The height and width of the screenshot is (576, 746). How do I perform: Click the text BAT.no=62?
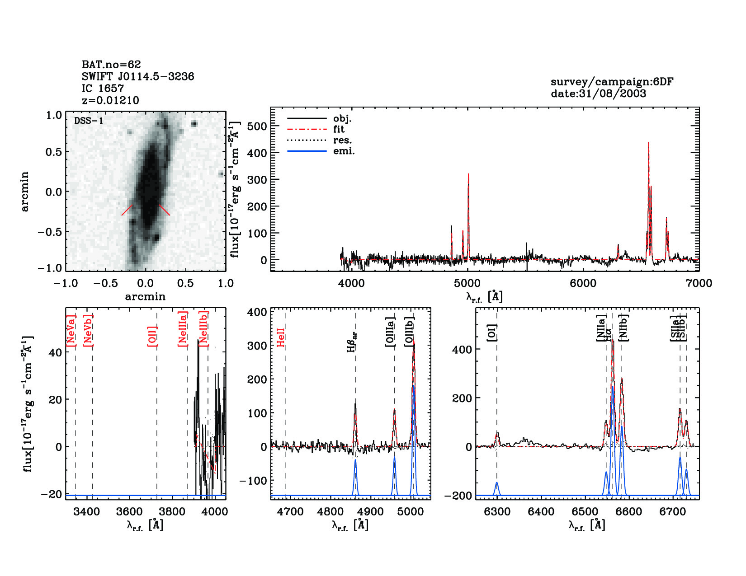(x=111, y=65)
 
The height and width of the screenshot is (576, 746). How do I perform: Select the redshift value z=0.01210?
(x=110, y=100)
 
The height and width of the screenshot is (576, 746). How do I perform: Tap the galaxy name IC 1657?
(x=103, y=89)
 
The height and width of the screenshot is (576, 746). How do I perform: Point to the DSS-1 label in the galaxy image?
(x=89, y=121)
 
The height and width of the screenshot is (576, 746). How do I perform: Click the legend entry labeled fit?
(x=339, y=130)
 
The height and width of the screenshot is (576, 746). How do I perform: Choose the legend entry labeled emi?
(x=344, y=151)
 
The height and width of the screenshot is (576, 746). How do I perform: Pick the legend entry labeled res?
(x=342, y=140)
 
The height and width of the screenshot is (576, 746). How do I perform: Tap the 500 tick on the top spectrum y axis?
(x=257, y=126)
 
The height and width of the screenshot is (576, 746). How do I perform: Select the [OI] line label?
(x=492, y=332)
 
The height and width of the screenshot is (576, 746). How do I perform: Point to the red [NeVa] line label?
(x=71, y=331)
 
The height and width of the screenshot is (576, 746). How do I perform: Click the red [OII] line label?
(x=152, y=336)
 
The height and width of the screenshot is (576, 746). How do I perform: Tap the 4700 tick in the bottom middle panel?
(x=290, y=512)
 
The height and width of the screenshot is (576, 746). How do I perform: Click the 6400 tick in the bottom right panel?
(x=541, y=512)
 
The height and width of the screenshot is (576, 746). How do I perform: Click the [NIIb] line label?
(x=623, y=328)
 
